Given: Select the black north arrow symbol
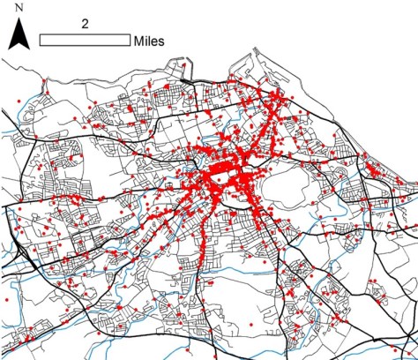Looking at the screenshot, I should (19, 36).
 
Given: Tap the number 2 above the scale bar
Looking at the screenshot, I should (84, 25).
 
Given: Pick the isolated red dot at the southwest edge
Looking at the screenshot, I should (7, 301).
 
